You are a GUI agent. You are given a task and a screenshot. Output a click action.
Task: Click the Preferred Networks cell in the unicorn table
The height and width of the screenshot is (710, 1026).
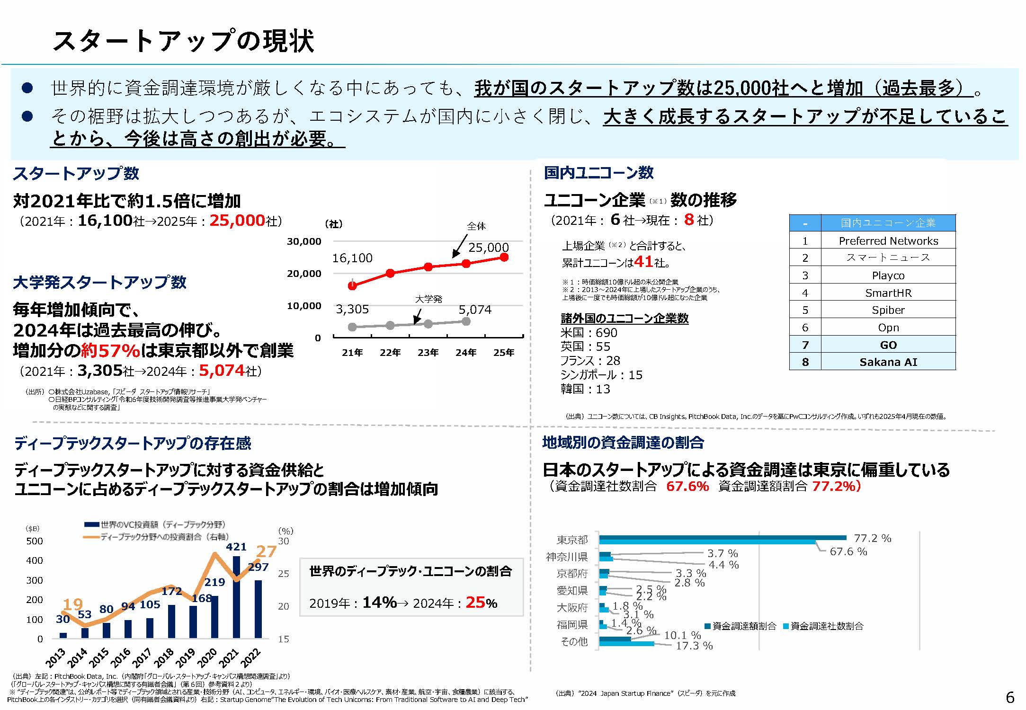pos(888,241)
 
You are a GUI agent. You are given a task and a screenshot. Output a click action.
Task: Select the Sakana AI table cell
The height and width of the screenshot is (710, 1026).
pos(888,362)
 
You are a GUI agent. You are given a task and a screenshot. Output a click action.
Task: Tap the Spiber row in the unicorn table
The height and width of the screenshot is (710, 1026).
pos(888,310)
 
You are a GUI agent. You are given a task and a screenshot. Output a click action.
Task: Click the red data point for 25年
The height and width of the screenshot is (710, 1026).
pos(504,257)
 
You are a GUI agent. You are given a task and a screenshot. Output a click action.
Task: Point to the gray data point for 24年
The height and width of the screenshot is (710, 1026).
pos(466,321)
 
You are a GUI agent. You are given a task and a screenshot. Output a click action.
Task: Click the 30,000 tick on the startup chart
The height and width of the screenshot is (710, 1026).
pos(304,241)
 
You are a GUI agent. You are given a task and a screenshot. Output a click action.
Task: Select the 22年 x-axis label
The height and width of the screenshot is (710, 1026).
pos(390,353)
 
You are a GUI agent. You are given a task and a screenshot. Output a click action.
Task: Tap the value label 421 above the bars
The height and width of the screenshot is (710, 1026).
pos(236,547)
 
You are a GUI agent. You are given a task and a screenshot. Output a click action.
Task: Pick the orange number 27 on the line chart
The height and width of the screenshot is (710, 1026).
pos(266,551)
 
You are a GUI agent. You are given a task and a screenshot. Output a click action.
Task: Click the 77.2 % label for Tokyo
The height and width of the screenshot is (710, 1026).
pos(872,538)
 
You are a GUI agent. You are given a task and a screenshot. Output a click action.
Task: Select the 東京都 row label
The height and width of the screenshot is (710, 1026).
pos(572,540)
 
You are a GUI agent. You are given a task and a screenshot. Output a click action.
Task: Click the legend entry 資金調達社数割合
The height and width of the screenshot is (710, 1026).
pos(826,626)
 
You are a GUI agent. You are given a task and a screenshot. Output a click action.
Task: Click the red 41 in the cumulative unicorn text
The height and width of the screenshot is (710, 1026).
pos(643,261)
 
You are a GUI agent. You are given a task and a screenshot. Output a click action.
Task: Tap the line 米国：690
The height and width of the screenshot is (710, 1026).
pos(589,333)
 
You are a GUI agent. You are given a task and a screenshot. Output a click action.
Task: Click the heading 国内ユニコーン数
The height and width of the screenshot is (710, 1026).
pos(598,173)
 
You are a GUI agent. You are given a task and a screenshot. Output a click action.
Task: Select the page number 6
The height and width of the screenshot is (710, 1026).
pos(1010,697)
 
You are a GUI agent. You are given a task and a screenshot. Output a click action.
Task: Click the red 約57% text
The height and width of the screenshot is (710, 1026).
pos(110,351)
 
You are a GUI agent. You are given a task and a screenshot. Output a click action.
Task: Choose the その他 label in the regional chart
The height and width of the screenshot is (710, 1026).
pos(574,641)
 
